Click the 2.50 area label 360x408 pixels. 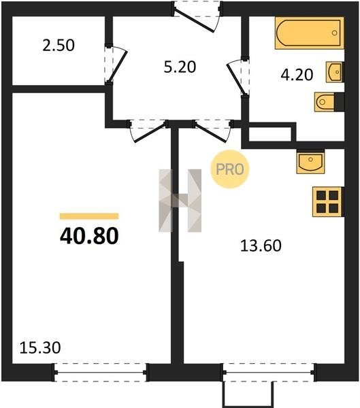(59, 46)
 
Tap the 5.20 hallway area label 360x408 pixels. (180, 67)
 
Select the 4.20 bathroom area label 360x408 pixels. (297, 75)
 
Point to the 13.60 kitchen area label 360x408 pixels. (261, 245)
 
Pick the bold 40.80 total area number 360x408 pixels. (89, 236)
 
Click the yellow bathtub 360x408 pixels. (310, 33)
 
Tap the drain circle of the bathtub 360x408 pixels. (335, 33)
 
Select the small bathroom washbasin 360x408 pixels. (335, 72)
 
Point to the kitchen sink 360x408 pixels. (310, 162)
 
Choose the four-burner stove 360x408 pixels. (328, 202)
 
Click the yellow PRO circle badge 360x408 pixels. (230, 169)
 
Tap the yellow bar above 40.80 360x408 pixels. (89, 216)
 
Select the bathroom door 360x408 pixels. (237, 79)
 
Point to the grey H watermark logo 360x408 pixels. (180, 201)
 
